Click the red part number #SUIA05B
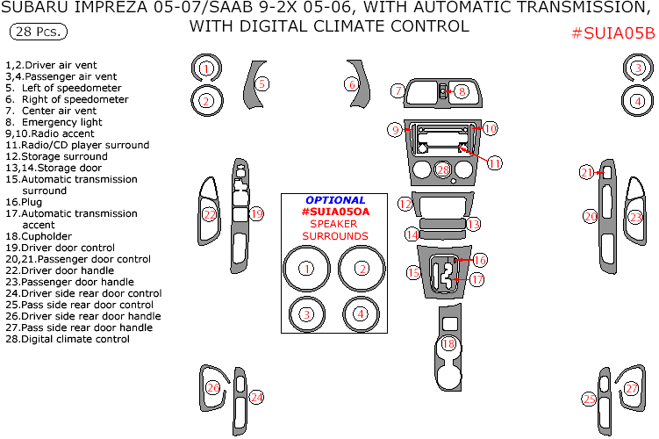coord(612,34)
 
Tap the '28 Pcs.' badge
coord(39,32)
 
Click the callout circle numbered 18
coord(449,344)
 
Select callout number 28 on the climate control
coord(443,169)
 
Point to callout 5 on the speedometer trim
coord(261,83)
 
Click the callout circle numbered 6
coord(352,84)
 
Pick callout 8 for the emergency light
coord(462,91)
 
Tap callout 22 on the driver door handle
coord(209,213)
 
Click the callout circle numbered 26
coord(213,387)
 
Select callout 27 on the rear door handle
coord(632,388)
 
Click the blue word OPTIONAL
coord(335,200)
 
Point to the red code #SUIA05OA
coord(335,212)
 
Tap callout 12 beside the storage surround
coord(405,204)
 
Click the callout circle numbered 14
coord(412,234)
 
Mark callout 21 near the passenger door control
coord(587,173)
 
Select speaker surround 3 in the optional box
coord(306,313)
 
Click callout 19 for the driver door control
coord(256,213)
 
